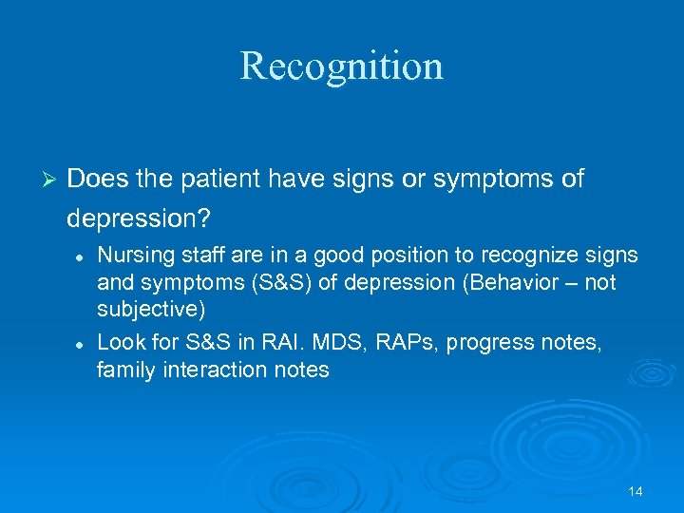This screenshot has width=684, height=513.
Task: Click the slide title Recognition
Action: (341, 66)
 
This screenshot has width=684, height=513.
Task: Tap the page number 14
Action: (636, 491)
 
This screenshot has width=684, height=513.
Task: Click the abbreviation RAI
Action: (277, 342)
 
